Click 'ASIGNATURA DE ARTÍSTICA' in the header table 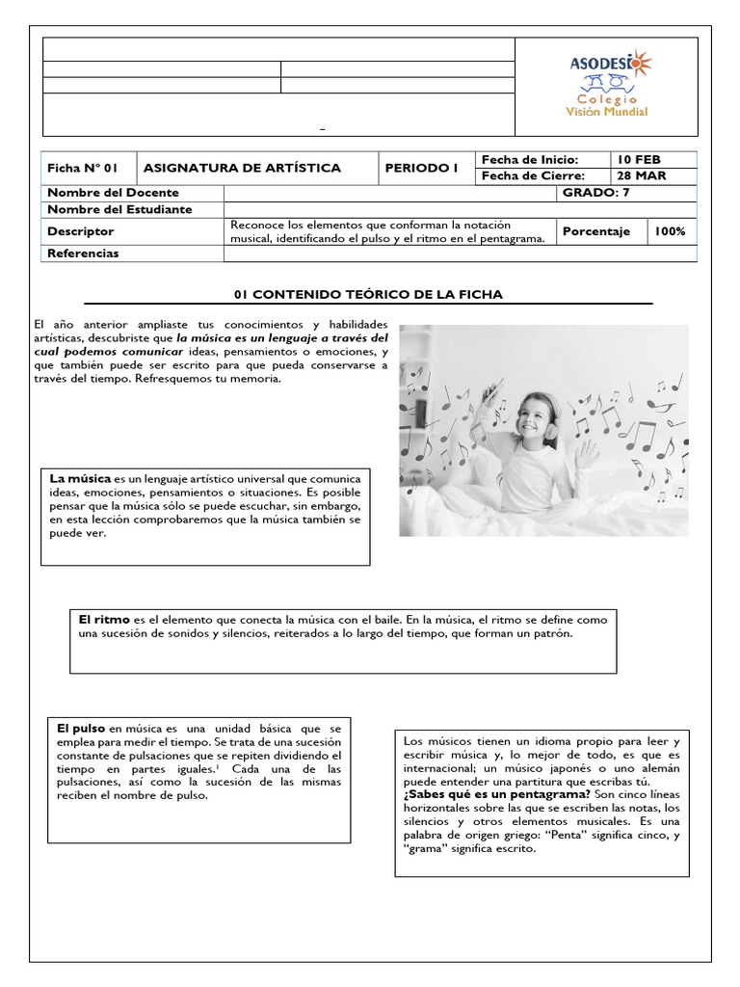tap(242, 169)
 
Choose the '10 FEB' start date tap(641, 160)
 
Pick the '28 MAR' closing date tap(643, 176)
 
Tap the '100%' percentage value tap(670, 231)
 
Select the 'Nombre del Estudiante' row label tap(119, 209)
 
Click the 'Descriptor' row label tap(81, 231)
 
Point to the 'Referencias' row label tap(83, 253)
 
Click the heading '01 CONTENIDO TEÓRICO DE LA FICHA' tap(369, 294)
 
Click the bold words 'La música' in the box tap(80, 478)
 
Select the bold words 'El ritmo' tap(104, 619)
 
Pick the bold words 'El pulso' tap(82, 730)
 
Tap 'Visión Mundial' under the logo tap(606, 111)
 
